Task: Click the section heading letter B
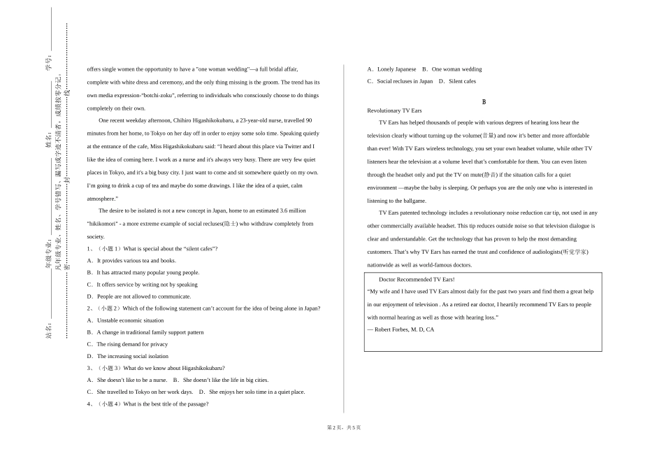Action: click(484, 102)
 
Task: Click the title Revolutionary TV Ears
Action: click(394, 111)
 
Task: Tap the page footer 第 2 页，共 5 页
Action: click(344, 427)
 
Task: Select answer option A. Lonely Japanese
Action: click(391, 69)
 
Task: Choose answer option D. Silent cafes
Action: click(457, 81)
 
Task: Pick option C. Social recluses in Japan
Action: click(400, 81)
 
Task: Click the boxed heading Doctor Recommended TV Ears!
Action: click(417, 279)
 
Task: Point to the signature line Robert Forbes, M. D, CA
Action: click(401, 329)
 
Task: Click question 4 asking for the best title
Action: click(148, 404)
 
